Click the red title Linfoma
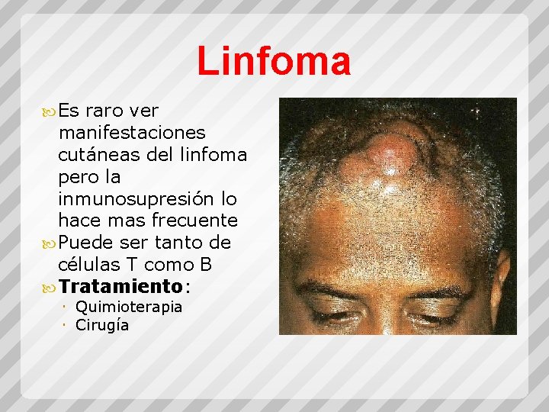(274, 61)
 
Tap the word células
(85, 265)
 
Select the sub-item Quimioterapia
(129, 307)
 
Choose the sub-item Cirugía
(102, 325)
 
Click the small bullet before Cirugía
(67, 325)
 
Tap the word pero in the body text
(79, 177)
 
